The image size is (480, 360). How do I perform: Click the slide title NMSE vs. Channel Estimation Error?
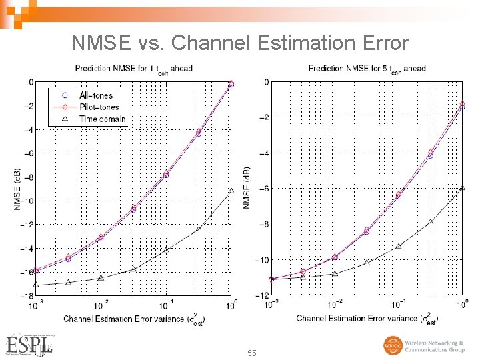(239, 43)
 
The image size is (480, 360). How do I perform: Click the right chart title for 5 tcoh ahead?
(367, 68)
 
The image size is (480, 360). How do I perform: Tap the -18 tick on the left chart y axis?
(28, 295)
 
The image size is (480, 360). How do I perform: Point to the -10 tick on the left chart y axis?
(28, 201)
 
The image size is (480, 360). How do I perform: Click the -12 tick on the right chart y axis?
(263, 295)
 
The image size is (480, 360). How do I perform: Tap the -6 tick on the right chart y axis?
(265, 189)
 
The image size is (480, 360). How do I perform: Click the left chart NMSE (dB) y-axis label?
(17, 189)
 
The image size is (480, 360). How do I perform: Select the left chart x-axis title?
(134, 318)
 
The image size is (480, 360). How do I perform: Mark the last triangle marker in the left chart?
(231, 191)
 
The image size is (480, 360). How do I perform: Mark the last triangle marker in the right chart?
(463, 188)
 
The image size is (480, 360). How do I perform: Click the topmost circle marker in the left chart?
(231, 84)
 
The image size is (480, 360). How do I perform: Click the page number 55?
(251, 352)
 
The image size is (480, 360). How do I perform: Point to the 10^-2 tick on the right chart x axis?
(335, 305)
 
